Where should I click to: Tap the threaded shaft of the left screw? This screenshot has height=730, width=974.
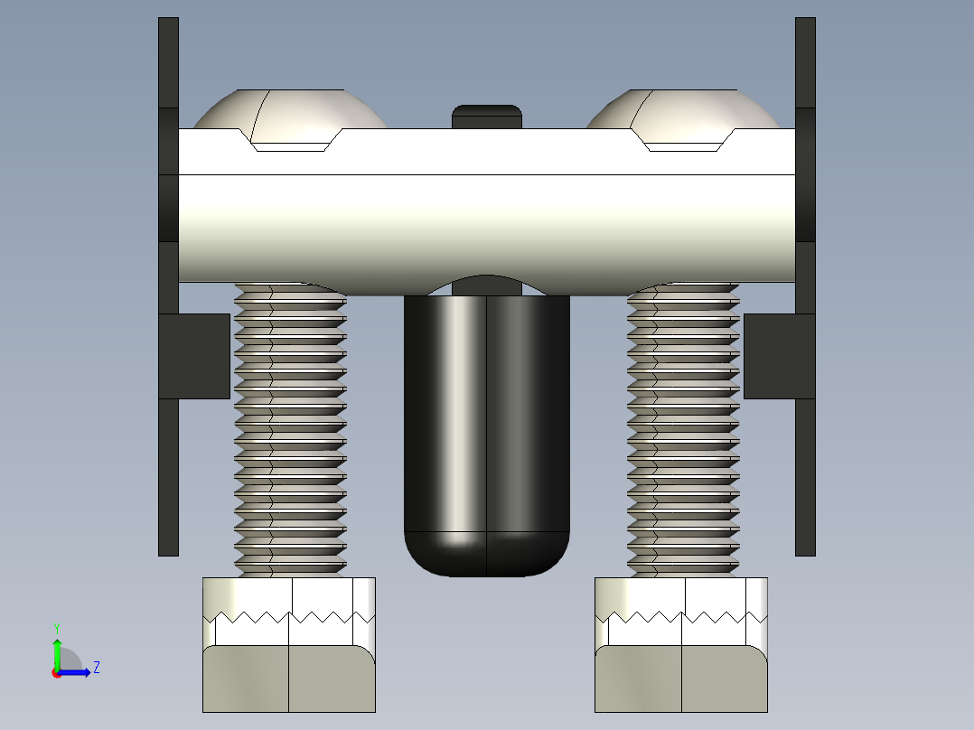pyautogui.click(x=290, y=434)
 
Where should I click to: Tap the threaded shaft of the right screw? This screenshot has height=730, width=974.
pyautogui.click(x=683, y=434)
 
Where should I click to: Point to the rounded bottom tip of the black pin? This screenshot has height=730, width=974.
pyautogui.click(x=487, y=556)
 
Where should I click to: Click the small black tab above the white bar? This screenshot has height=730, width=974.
pyautogui.click(x=487, y=116)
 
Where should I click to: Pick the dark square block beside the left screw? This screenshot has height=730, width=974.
pyautogui.click(x=195, y=356)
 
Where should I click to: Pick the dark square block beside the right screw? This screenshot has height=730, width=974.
pyautogui.click(x=778, y=356)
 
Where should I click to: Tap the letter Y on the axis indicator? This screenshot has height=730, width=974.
pyautogui.click(x=57, y=627)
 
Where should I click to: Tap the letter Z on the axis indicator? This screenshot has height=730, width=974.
pyautogui.click(x=96, y=668)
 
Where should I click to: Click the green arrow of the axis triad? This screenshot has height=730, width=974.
pyautogui.click(x=57, y=650)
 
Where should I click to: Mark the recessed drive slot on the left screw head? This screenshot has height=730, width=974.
pyautogui.click(x=291, y=144)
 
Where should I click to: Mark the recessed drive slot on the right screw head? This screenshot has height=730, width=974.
pyautogui.click(x=684, y=144)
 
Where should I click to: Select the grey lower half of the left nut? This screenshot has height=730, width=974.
pyautogui.click(x=289, y=679)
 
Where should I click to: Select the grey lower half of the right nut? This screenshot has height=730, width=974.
pyautogui.click(x=681, y=679)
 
